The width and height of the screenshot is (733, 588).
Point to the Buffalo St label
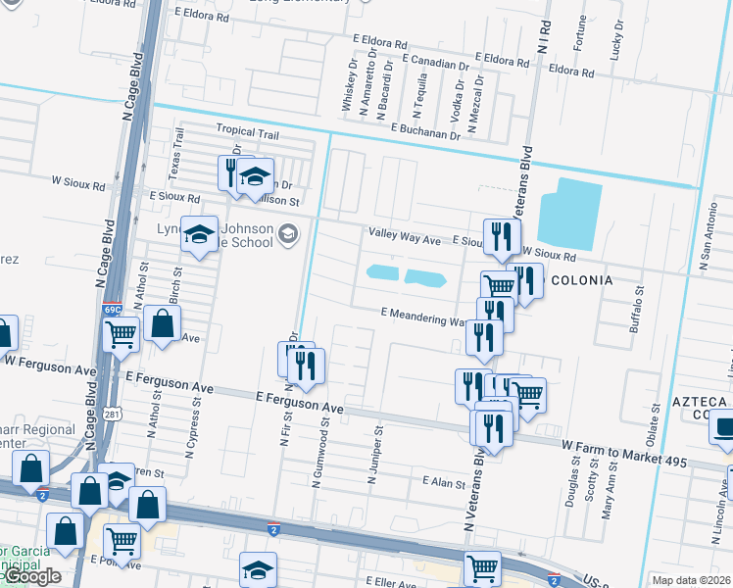(x=640, y=311)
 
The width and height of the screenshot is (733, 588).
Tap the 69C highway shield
(x=114, y=311)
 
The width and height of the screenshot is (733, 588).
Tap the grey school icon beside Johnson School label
(x=287, y=232)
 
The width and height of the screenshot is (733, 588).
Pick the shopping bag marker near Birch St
(x=162, y=323)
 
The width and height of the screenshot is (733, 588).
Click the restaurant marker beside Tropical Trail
(x=231, y=172)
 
